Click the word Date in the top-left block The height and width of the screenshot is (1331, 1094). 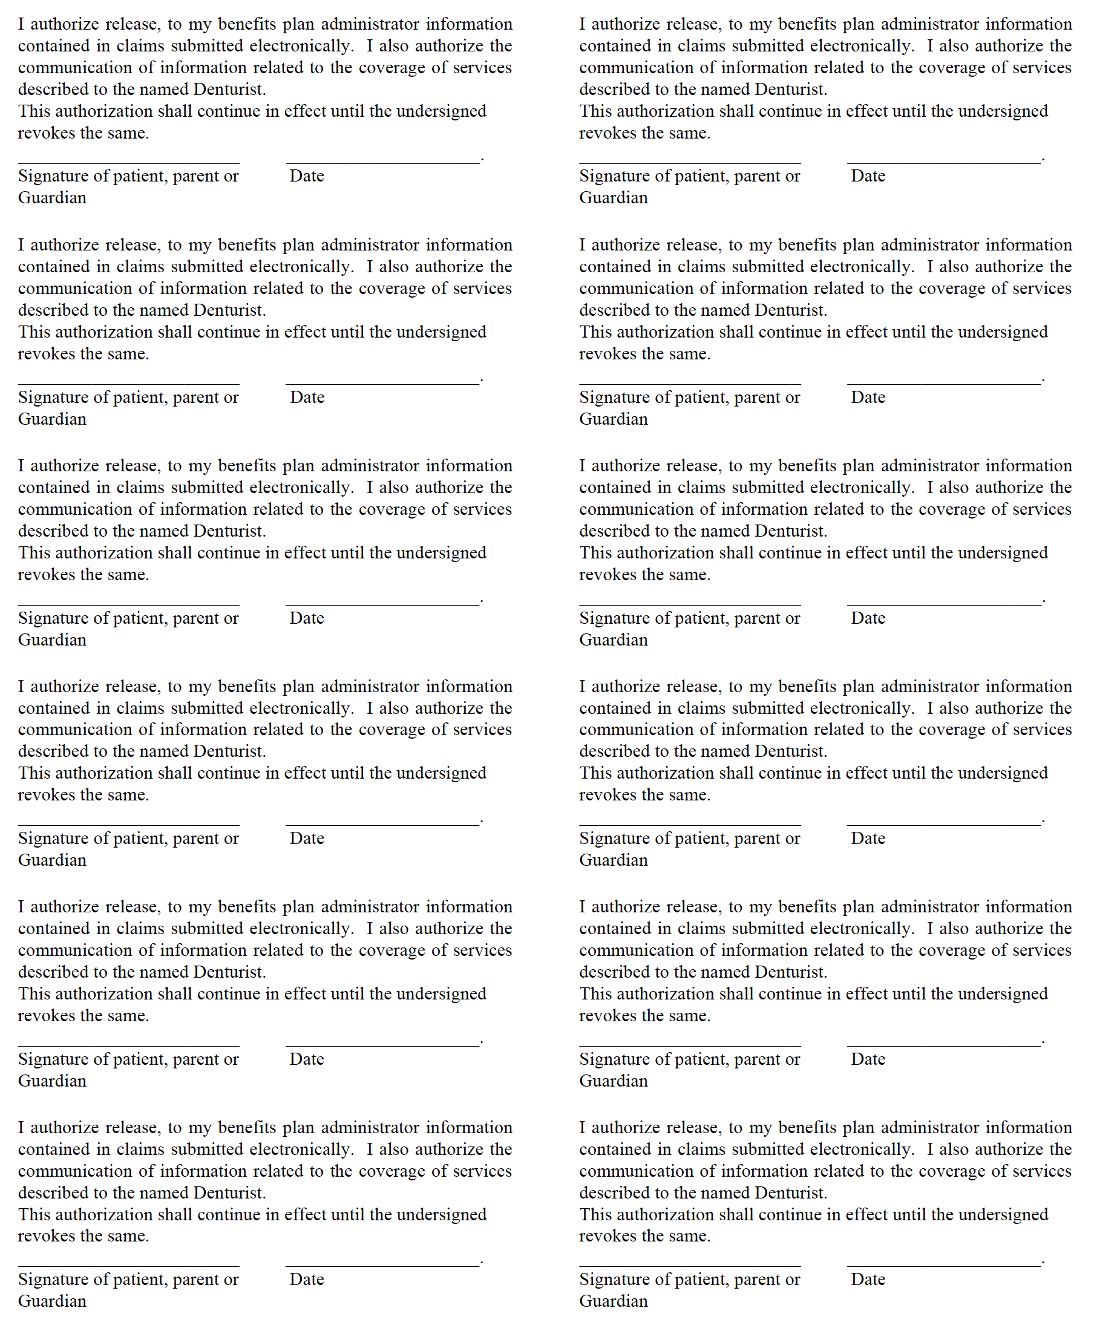306,176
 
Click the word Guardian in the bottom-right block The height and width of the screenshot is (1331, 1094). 613,1301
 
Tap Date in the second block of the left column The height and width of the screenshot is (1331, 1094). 307,397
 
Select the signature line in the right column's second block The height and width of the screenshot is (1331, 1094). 689,383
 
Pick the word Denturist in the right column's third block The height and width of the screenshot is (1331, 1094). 790,531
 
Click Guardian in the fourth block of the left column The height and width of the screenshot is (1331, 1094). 52,860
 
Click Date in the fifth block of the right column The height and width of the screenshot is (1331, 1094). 868,1059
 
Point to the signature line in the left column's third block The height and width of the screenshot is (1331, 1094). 128,604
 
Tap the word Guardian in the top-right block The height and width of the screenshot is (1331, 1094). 613,198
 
